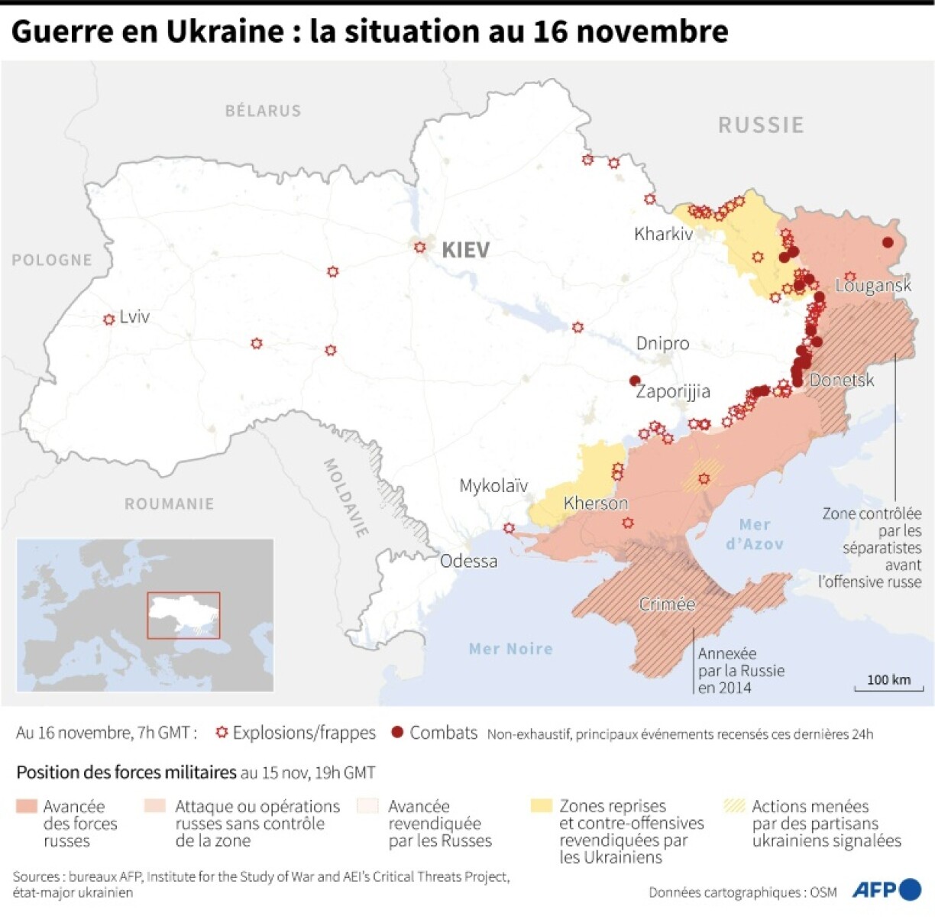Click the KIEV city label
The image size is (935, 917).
coord(465,250)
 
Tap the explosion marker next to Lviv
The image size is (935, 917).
coord(108,319)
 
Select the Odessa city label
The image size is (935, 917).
coord(468,561)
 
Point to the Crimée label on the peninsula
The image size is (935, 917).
coord(667,604)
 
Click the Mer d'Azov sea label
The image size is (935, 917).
coord(754,533)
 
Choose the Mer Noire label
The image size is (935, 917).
coord(510,649)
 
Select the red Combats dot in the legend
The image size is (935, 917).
coord(396,732)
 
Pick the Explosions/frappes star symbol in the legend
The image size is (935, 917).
coord(222,732)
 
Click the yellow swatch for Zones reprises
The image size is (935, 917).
coord(541,805)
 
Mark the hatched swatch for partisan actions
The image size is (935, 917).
coord(733,805)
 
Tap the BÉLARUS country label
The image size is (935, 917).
coord(263,111)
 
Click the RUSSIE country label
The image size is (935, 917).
coord(761,125)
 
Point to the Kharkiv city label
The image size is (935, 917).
coord(663,234)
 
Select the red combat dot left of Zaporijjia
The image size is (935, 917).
coord(634,381)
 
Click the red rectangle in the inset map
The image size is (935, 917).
coord(183,615)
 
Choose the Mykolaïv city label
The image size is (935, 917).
coord(493,485)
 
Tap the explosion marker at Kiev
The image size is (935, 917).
coord(419,247)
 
